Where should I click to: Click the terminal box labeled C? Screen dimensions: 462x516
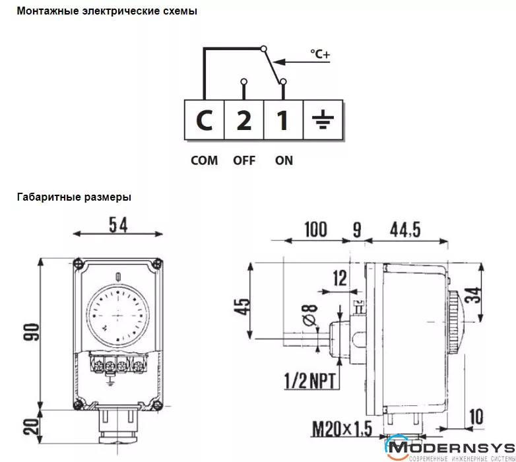tap(205, 120)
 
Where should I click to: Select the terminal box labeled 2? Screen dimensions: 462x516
tap(244, 120)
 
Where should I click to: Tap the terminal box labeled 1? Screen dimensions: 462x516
tap(282, 120)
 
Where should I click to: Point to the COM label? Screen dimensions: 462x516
tap(204, 160)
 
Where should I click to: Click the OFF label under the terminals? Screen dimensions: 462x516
tap(244, 160)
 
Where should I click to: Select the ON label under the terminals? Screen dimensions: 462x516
tap(284, 160)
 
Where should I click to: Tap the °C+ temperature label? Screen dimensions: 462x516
tap(319, 55)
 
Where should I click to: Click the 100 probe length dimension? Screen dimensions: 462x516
tap(316, 230)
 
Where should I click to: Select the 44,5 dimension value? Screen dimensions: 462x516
tap(405, 230)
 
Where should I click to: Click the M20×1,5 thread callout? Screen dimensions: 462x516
tap(342, 428)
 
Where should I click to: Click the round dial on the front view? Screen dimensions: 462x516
tap(117, 316)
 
